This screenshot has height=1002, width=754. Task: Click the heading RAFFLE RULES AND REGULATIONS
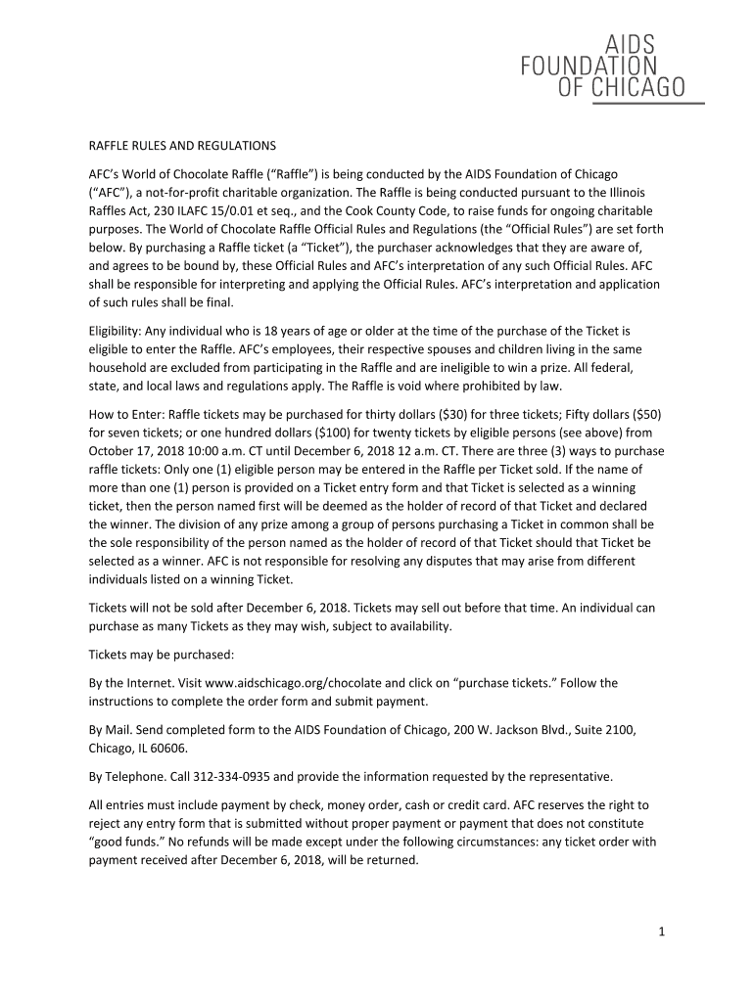click(182, 146)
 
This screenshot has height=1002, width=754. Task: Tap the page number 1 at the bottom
click(662, 933)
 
